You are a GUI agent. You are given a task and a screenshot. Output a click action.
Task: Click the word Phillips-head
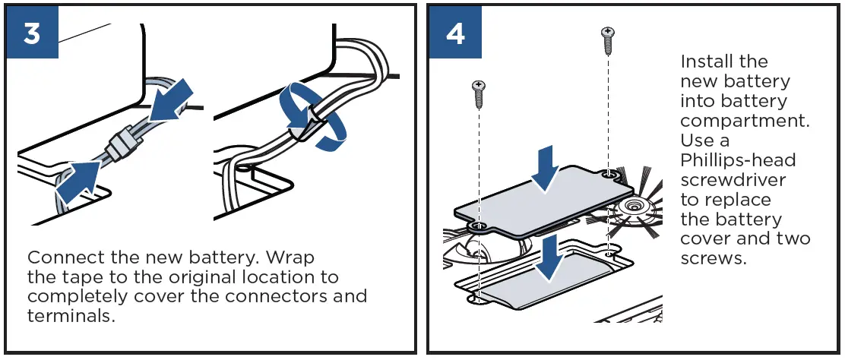[727, 160]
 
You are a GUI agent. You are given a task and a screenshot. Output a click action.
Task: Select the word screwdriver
[733, 180]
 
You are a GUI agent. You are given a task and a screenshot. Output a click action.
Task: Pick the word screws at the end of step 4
[713, 259]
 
